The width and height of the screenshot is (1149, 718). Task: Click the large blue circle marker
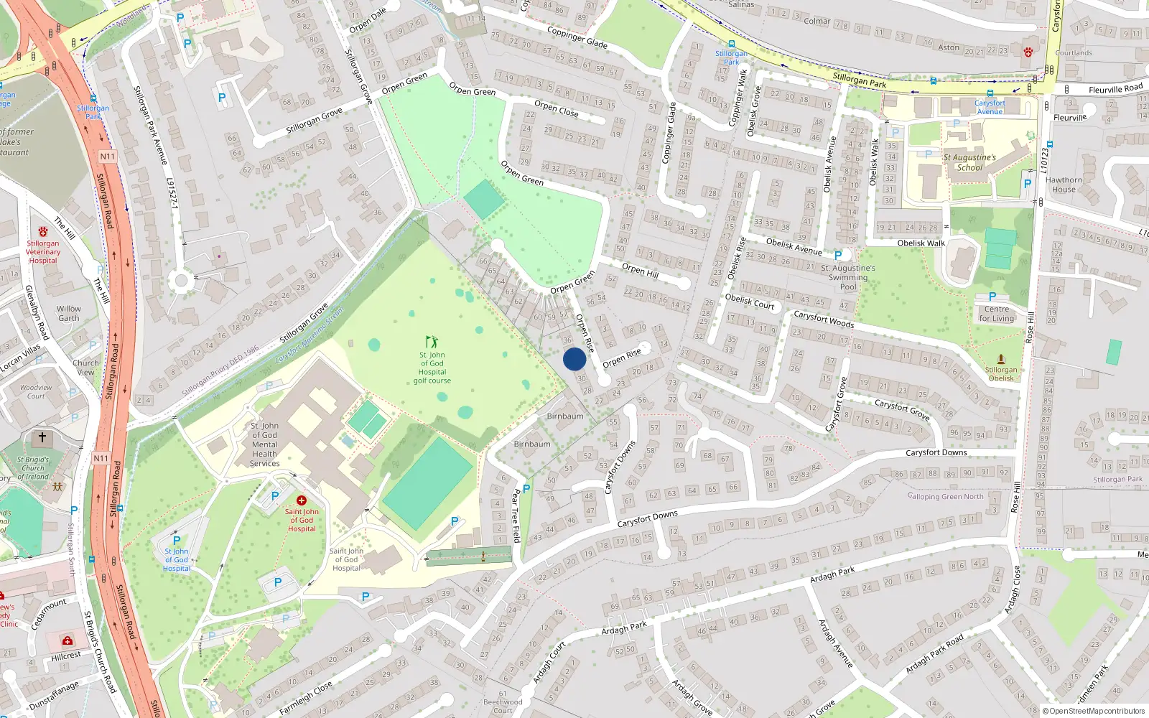(574, 359)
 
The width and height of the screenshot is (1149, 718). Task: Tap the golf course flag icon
(432, 342)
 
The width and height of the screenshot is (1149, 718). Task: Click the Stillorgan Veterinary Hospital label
(43, 251)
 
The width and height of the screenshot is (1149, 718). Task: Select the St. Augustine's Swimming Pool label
(848, 277)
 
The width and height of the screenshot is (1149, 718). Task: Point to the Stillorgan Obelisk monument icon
(1001, 359)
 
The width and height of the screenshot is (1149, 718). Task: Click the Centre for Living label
(997, 314)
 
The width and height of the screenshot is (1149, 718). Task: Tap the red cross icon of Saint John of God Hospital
(302, 500)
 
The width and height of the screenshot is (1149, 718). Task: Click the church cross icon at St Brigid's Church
(42, 437)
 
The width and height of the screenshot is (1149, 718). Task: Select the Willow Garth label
(69, 313)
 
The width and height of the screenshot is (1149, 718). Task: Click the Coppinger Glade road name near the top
(577, 38)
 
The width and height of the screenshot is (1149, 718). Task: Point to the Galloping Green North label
(945, 496)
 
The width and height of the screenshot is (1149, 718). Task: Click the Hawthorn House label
(1064, 185)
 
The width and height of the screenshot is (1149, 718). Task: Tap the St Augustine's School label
(969, 162)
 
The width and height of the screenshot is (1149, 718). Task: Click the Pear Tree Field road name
(516, 516)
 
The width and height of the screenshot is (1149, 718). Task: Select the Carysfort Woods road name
(824, 319)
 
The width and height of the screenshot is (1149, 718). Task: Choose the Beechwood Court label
(503, 706)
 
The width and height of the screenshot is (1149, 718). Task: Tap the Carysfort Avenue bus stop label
(990, 107)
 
